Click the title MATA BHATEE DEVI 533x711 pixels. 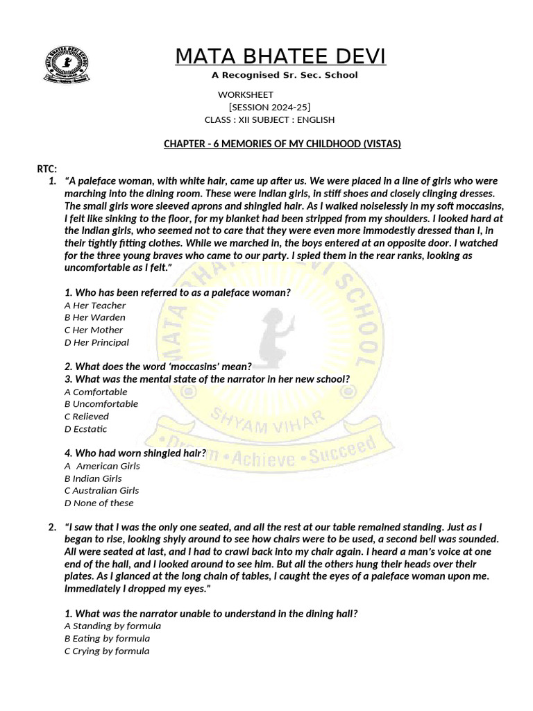[280, 56]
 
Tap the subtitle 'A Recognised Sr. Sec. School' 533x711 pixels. [285, 75]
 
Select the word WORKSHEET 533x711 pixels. [246, 94]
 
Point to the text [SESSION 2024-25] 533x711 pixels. [269, 107]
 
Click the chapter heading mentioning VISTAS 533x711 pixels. [282, 144]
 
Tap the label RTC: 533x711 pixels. [46, 169]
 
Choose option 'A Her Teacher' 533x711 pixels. [95, 306]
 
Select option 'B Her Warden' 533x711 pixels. [95, 317]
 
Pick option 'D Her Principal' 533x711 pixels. [96, 342]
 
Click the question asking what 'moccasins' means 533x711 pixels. [158, 366]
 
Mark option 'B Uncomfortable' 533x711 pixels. [101, 404]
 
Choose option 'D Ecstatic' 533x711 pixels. [86, 429]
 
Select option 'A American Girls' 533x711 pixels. [102, 466]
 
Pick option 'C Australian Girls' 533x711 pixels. [102, 490]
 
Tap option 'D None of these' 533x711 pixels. [99, 503]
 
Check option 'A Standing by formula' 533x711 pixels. [112, 626]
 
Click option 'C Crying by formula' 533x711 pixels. [107, 651]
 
